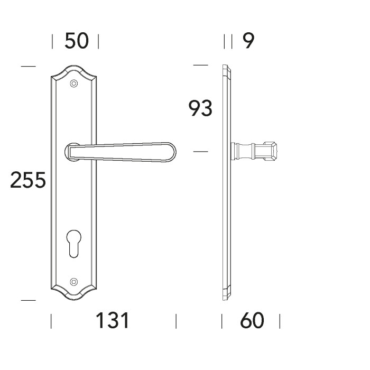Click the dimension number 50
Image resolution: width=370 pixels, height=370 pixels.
click(77, 41)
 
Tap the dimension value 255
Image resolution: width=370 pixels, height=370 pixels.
click(28, 180)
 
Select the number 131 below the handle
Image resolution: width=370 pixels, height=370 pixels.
click(112, 320)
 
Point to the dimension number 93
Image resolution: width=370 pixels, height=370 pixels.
click(200, 108)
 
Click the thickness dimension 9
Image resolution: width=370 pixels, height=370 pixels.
click(248, 41)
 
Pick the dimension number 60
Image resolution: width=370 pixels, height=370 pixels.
click(252, 320)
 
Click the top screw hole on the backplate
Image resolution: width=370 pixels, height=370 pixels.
click(74, 84)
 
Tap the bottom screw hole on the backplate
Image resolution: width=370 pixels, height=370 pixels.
click(74, 281)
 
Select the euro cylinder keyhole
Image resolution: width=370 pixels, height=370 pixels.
click(74, 244)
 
